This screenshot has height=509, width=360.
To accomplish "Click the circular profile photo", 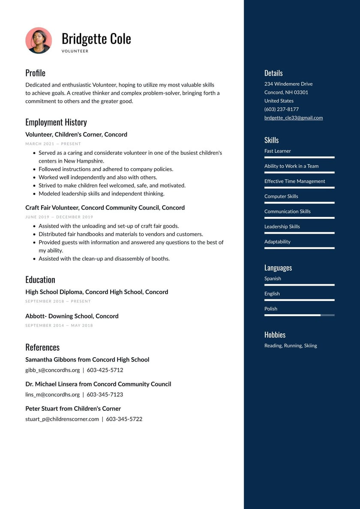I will point(39,40).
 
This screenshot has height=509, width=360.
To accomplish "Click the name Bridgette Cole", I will point(96,39).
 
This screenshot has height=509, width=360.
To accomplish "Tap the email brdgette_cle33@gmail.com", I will point(293,118).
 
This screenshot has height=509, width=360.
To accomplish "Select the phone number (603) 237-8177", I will point(281,109).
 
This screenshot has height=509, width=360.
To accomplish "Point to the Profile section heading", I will point(35,73).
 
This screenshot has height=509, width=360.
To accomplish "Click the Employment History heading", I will point(56,122).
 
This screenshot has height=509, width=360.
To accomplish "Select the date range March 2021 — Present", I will point(53,144).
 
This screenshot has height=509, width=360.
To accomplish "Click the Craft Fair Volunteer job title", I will point(105,208).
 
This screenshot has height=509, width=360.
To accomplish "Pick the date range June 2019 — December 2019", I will point(59,217).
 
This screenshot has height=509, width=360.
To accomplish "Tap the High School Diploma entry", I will point(96,292).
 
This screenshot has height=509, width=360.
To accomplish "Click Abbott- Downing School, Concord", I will point(72,316).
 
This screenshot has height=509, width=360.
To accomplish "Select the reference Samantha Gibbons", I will point(87,360).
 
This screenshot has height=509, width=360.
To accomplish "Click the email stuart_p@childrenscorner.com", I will point(62,419).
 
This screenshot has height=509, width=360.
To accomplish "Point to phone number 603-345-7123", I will point(105,395).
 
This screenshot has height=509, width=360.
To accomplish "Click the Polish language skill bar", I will point(299,315).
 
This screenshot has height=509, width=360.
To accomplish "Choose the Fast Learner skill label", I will point(277,151).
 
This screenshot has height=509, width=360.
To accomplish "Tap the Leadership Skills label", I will point(282,226).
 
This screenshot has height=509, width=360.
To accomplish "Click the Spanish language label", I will point(273,279).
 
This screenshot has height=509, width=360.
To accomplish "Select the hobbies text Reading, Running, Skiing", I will point(291,346).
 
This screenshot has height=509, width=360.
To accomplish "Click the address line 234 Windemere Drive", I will point(288,84).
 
